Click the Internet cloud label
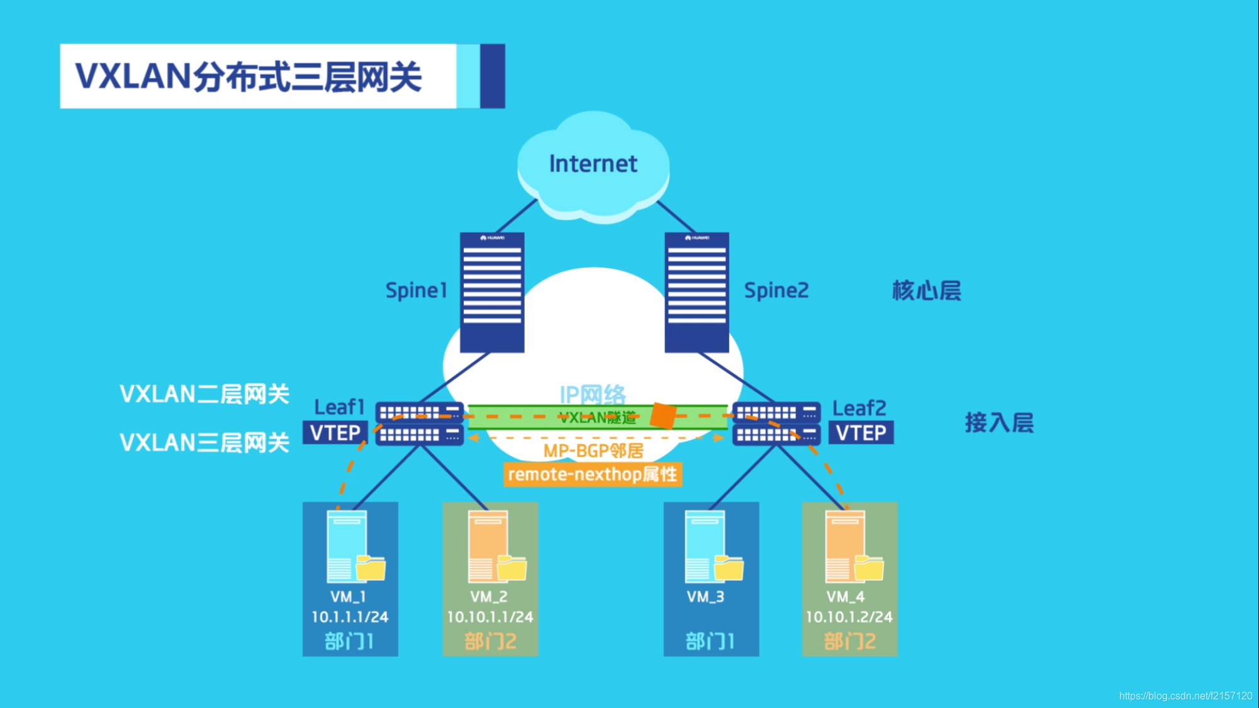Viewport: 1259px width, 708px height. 593,164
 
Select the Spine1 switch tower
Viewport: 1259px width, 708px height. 492,292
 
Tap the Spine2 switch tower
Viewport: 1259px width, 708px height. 697,292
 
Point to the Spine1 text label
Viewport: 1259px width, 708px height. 416,291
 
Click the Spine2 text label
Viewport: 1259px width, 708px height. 776,291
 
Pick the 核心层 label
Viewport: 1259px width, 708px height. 926,291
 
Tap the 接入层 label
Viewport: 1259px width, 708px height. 999,422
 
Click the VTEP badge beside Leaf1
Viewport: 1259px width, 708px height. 335,433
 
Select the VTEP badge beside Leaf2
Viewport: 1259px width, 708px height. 861,433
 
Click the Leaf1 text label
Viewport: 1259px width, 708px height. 339,407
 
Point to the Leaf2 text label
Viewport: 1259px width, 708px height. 859,408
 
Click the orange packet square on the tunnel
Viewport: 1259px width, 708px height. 663,416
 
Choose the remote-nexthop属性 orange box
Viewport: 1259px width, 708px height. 592,475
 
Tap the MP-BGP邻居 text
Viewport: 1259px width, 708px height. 593,451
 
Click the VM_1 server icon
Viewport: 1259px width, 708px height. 347,546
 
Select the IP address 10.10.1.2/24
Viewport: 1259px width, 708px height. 849,617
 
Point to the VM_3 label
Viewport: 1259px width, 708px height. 705,597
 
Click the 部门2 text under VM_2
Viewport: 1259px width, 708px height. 490,641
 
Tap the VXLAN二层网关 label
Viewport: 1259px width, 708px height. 204,395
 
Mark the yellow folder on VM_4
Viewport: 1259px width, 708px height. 869,568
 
